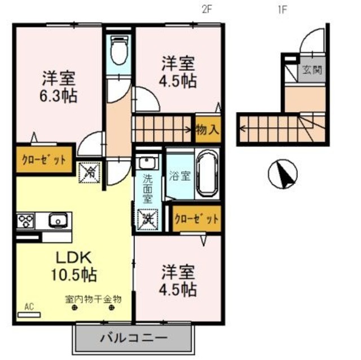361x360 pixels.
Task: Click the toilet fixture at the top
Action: [x=118, y=51]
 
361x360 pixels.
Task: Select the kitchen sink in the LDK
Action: [x=58, y=220]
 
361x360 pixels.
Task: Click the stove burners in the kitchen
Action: [x=26, y=220]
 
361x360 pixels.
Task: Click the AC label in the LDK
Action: [x=29, y=307]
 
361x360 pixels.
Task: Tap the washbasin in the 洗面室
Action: [x=147, y=163]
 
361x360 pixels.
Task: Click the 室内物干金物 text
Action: [x=92, y=299]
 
